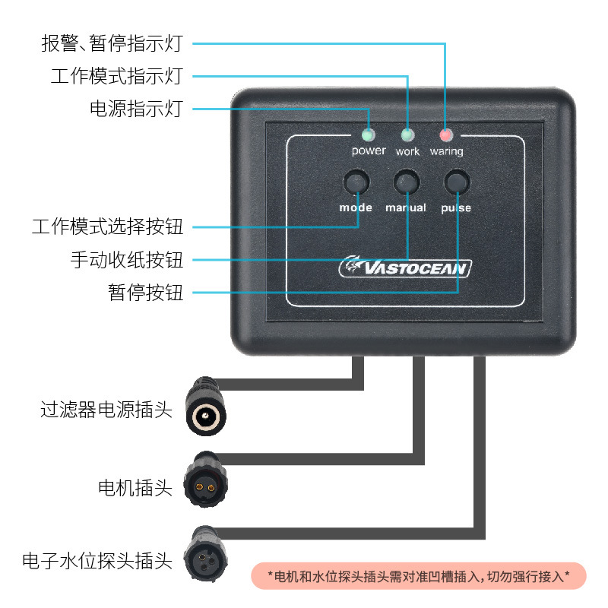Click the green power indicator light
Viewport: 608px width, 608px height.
369,136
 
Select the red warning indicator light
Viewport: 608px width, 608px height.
446,136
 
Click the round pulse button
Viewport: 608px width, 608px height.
457,182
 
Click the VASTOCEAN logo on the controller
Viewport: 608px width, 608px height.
406,268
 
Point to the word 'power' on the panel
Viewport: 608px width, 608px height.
369,151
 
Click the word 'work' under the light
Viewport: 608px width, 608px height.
408,152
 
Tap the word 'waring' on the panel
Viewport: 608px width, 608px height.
446,152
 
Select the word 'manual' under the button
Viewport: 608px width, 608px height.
406,207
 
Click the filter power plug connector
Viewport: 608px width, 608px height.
206,410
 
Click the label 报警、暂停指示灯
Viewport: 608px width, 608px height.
112,43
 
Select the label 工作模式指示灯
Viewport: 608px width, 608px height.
117,77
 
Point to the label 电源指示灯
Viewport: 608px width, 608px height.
136,109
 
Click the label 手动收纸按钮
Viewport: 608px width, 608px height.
127,260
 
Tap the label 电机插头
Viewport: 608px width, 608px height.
135,487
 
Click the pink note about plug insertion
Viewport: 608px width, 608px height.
419,576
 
